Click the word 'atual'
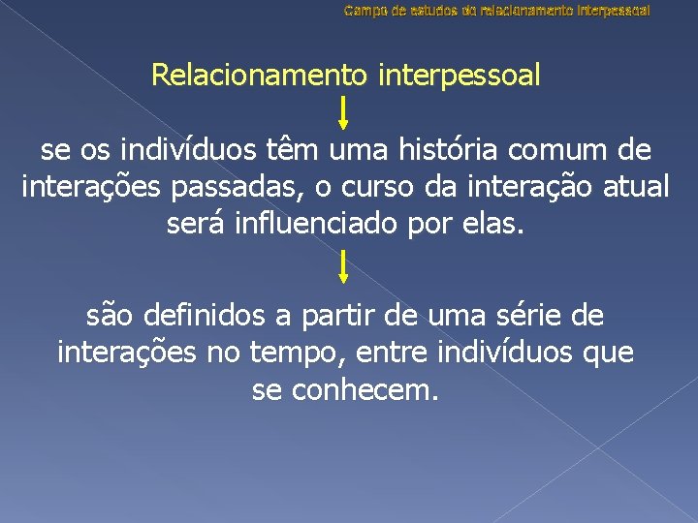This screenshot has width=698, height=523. pyautogui.click(x=635, y=187)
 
